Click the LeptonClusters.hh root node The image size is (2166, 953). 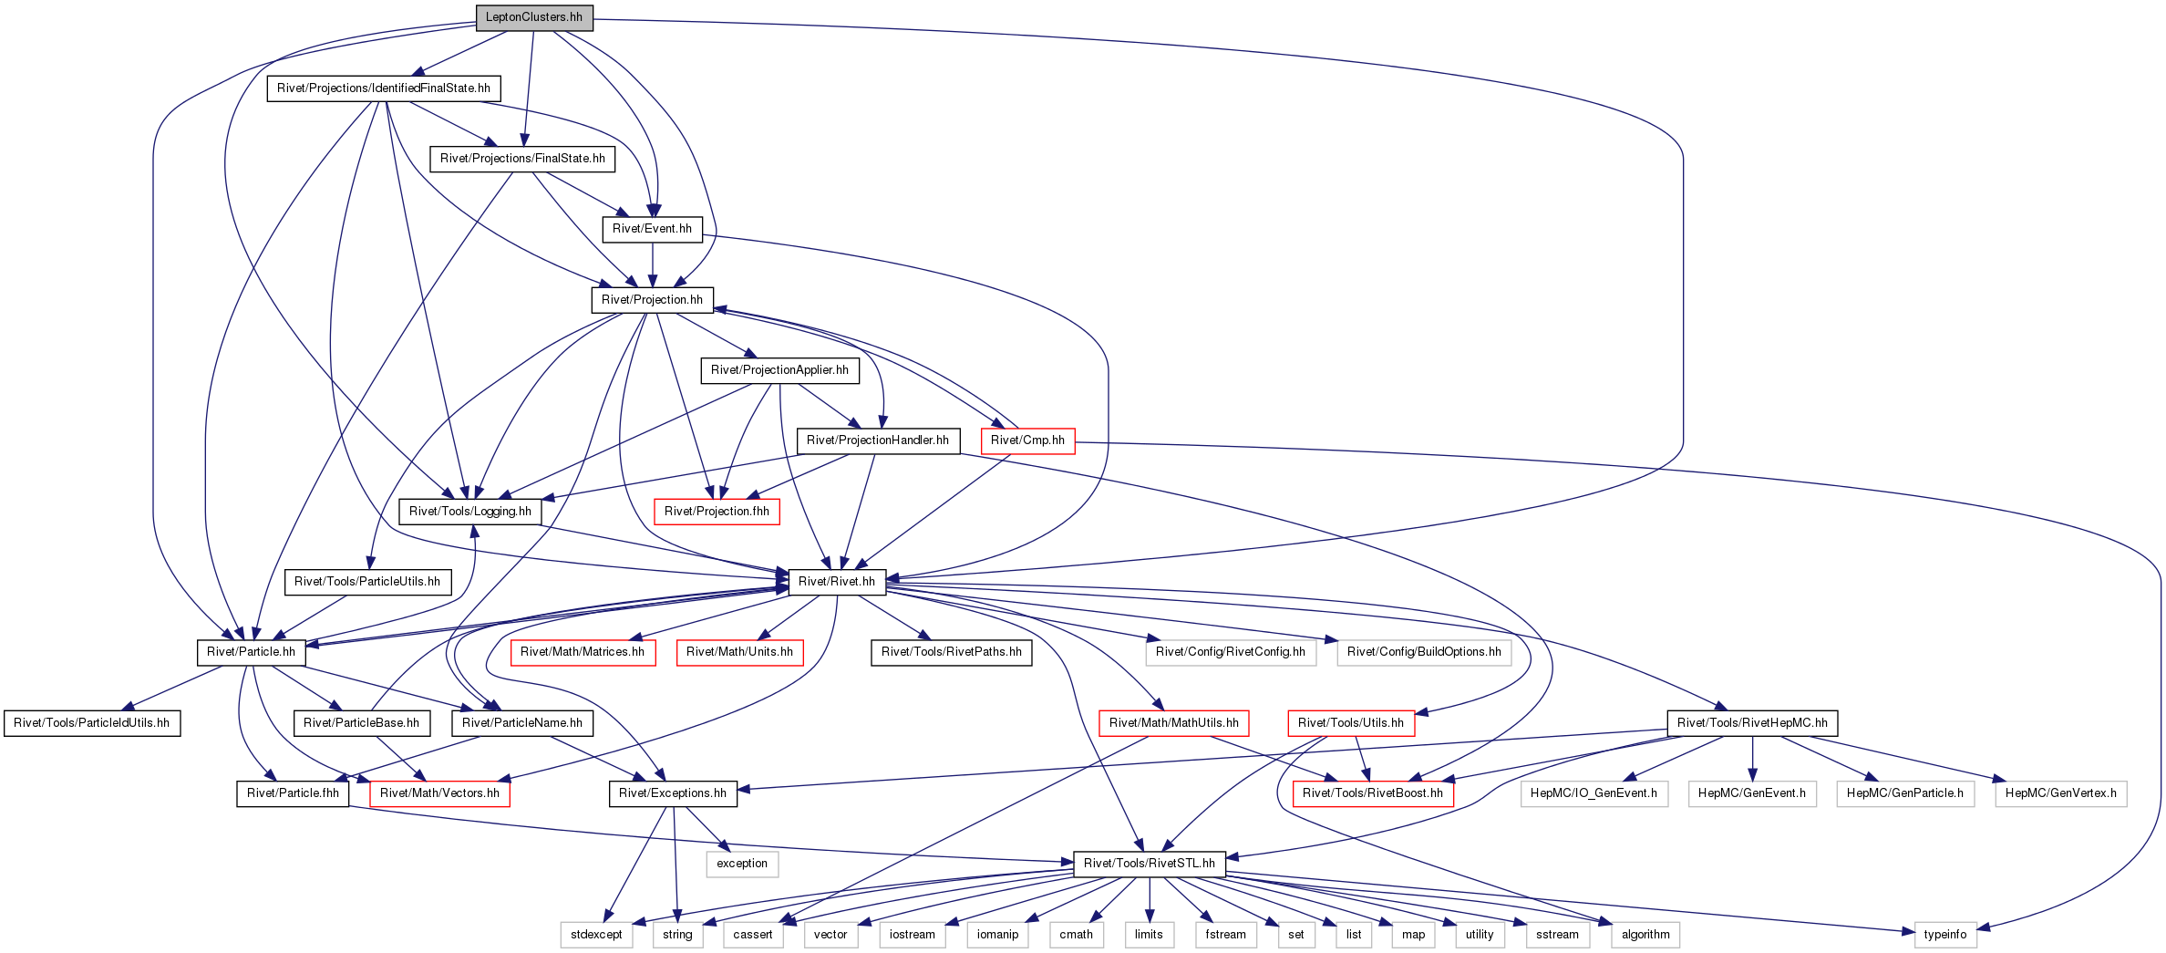(534, 17)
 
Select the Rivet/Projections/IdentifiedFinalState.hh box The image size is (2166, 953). (384, 88)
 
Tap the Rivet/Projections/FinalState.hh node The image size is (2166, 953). (522, 159)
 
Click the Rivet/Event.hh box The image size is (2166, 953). (652, 229)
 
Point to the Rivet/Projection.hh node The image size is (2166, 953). (652, 300)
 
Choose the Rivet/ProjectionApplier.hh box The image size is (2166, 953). (779, 370)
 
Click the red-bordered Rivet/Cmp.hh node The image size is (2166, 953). (1027, 440)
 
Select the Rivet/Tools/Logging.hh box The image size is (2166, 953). (470, 512)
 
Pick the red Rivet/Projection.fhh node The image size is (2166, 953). (717, 512)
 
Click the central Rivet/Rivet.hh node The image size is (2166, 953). (837, 582)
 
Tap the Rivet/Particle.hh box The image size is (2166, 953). (251, 652)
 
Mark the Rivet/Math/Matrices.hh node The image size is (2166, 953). (583, 652)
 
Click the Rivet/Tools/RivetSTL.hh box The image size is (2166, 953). (1150, 864)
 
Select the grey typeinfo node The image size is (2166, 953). (1945, 935)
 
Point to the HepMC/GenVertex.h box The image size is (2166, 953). (2061, 793)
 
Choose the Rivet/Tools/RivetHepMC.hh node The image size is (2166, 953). (1752, 723)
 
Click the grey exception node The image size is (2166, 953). (742, 864)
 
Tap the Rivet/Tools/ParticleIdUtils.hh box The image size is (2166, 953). (92, 723)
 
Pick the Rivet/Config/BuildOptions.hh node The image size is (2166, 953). (1424, 652)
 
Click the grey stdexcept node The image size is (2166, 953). (596, 935)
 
